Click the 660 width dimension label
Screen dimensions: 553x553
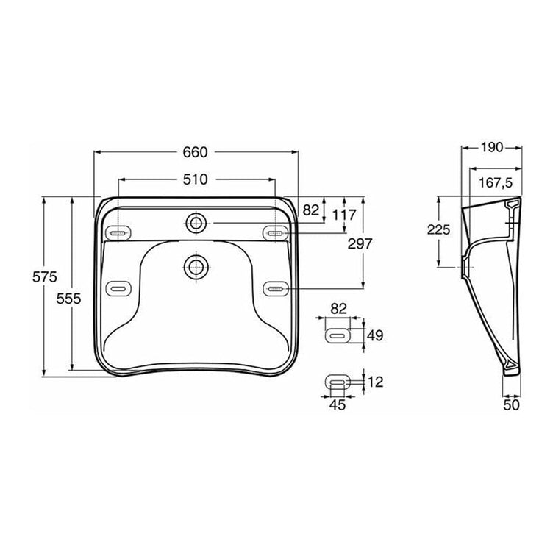point(195,152)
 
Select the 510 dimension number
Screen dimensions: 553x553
point(195,179)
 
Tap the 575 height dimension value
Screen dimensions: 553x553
point(44,277)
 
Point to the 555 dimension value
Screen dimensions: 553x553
point(69,299)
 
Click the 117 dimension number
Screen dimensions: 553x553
point(344,215)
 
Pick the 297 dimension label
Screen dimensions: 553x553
point(360,243)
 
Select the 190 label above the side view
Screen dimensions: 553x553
point(492,147)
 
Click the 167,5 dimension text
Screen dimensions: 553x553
point(496,183)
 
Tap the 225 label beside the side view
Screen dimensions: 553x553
point(439,230)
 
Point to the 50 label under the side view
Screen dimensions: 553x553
point(511,405)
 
